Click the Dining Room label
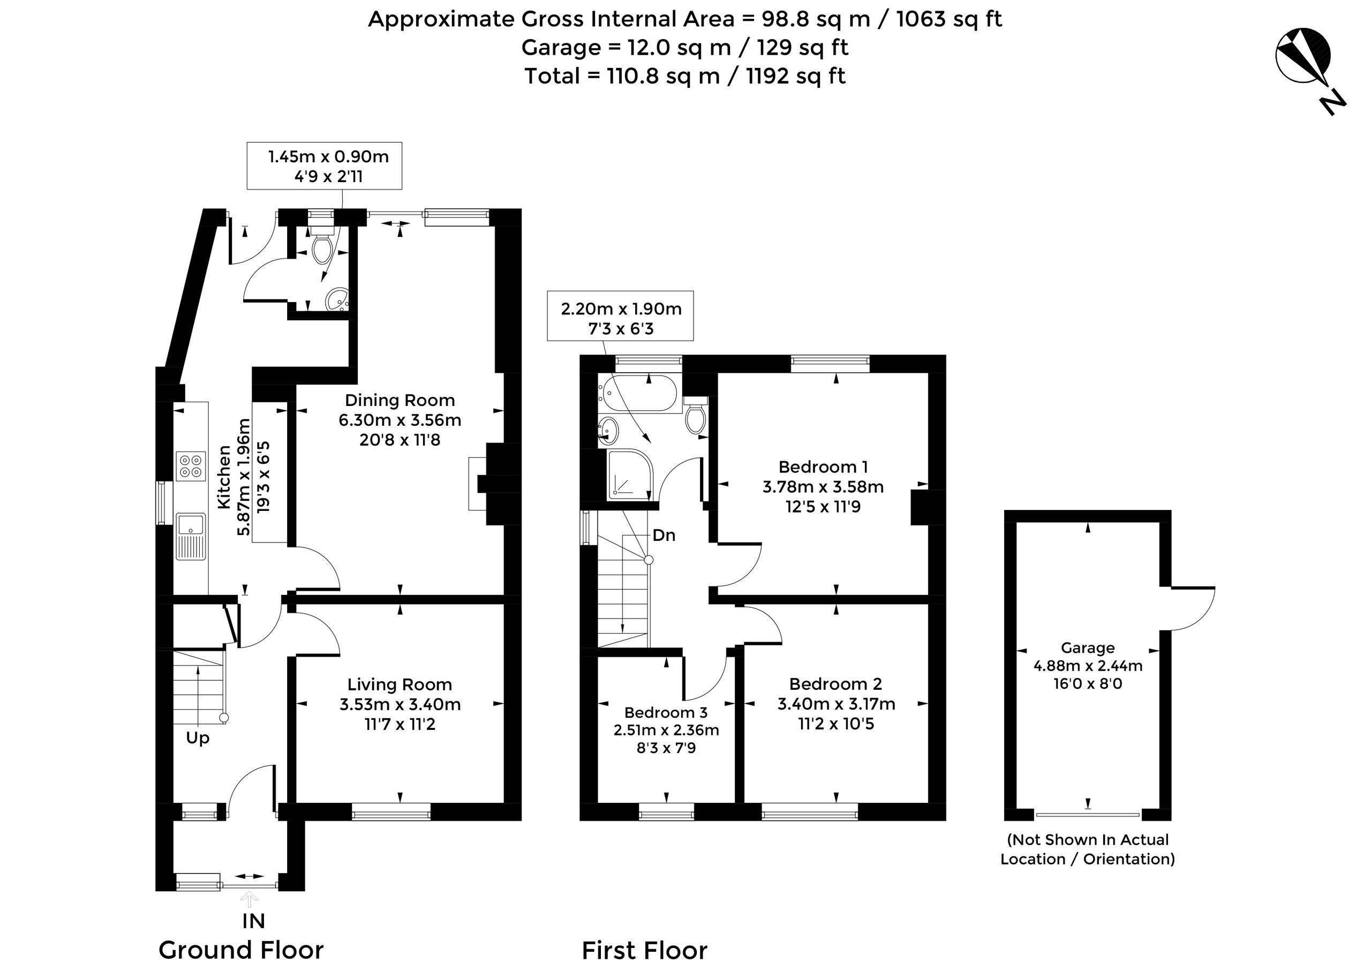click(400, 400)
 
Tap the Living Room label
click(400, 684)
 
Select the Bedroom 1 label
click(823, 467)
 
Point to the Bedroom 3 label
click(666, 713)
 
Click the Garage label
click(1088, 648)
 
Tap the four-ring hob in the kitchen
click(191, 466)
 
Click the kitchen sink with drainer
click(191, 536)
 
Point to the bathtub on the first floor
click(638, 393)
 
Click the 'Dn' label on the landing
click(664, 535)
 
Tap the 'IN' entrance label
click(253, 921)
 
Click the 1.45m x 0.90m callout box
click(325, 165)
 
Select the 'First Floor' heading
click(645, 951)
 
